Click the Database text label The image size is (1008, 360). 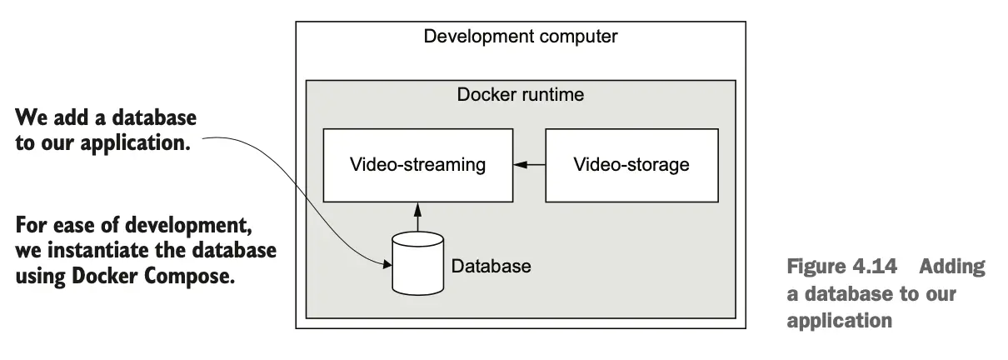(491, 267)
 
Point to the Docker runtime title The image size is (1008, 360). (520, 94)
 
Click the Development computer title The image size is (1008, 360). (520, 37)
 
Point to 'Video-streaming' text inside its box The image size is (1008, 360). (417, 165)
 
